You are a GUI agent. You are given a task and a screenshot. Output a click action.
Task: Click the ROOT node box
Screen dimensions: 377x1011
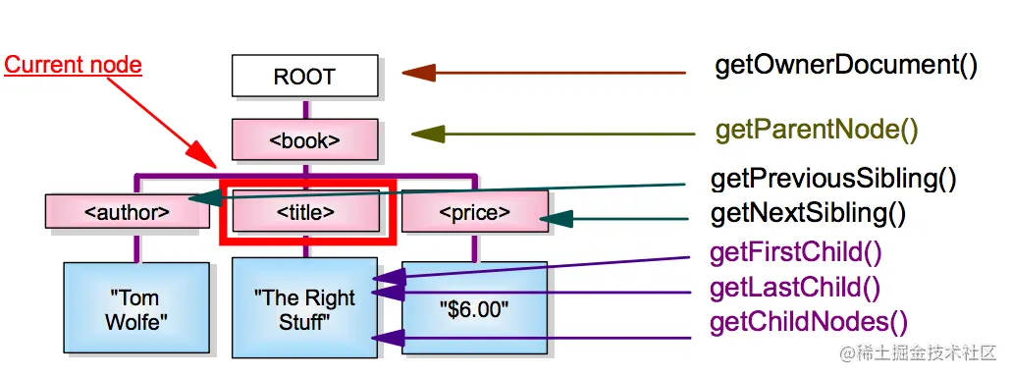(x=304, y=77)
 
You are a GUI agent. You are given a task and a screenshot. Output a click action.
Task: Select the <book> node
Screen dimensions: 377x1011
(x=304, y=139)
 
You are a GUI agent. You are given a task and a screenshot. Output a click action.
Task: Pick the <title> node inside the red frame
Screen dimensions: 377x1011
(x=304, y=211)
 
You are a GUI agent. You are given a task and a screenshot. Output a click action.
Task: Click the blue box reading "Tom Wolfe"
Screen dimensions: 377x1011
(x=136, y=307)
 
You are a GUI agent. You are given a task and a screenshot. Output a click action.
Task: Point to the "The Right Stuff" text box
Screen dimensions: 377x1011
(x=304, y=307)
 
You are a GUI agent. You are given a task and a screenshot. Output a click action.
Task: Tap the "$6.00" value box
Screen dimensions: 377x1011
(x=474, y=307)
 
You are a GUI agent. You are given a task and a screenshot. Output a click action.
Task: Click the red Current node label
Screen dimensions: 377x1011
(x=74, y=66)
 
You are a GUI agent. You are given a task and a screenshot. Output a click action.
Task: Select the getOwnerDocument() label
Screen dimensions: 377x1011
(x=846, y=67)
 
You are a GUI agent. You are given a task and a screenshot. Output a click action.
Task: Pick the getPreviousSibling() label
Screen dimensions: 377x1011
(x=832, y=180)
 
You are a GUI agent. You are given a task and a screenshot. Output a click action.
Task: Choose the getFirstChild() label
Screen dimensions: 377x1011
(x=795, y=252)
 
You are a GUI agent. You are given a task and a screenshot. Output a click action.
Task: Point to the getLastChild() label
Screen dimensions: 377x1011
(x=794, y=288)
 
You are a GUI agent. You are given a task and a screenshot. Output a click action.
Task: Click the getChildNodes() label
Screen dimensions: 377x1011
(x=808, y=322)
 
